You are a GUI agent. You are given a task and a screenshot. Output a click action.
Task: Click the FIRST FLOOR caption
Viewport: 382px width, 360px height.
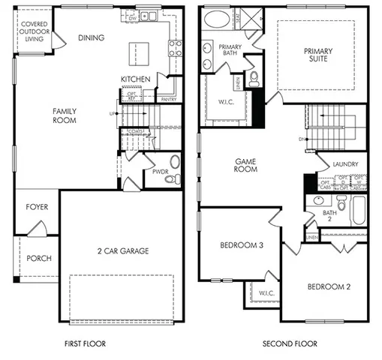84,344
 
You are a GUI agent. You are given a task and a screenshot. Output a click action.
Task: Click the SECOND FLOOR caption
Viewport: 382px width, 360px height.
289,344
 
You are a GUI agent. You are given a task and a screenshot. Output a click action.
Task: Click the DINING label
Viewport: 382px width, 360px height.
91,37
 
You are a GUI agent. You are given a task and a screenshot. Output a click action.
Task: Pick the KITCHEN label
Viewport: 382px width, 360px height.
136,79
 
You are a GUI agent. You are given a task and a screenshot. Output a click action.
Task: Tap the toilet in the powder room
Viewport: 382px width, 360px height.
173,178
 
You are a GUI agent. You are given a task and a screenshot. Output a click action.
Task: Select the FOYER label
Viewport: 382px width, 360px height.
38,207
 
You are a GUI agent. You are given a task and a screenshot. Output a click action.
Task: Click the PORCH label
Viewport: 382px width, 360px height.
39,258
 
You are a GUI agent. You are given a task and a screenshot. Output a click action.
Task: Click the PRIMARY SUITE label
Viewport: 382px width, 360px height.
318,55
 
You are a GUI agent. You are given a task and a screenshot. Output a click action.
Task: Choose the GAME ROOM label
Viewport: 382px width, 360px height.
246,165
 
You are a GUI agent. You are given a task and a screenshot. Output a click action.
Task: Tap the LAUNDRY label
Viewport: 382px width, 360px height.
335,164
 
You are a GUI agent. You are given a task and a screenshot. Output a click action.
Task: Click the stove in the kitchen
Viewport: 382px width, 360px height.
175,49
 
